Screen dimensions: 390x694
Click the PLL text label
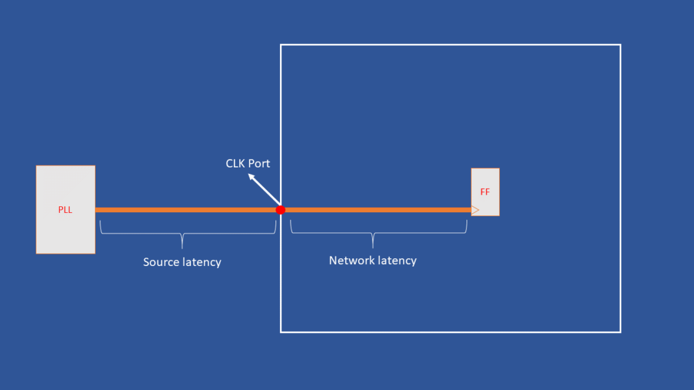[65, 210]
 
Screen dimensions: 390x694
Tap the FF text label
[485, 192]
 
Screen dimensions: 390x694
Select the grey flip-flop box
[485, 182]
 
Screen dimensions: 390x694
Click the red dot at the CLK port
[281, 210]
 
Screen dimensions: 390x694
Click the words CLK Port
[248, 164]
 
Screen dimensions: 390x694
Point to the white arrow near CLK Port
[265, 189]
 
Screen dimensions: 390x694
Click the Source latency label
[182, 262]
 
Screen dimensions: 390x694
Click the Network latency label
[372, 260]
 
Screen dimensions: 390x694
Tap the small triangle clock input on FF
[475, 210]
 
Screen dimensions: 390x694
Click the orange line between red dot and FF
[377, 210]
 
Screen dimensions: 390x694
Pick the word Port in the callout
[259, 164]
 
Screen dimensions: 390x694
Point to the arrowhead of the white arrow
[251, 175]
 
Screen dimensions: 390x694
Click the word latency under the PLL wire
[202, 262]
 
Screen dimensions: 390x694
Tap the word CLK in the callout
[236, 164]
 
